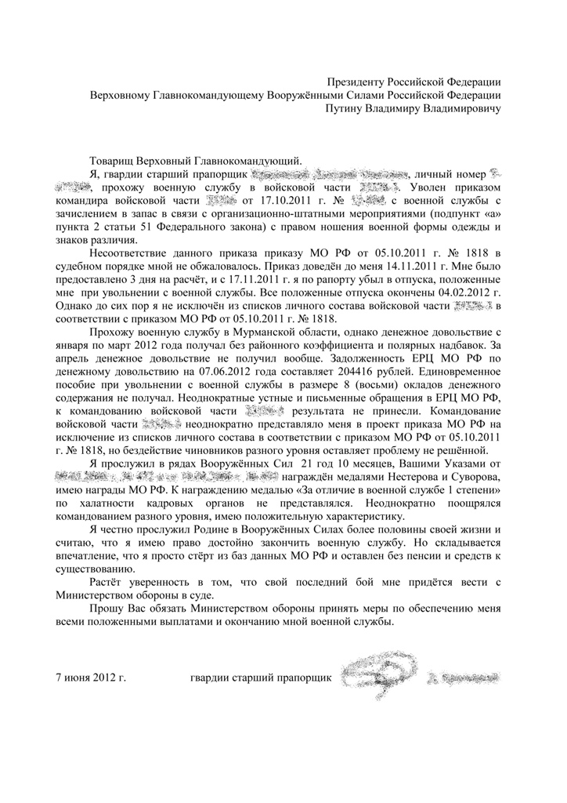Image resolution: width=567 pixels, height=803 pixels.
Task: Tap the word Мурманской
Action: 232,348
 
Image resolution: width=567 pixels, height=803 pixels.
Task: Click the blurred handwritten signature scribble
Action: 377,674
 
